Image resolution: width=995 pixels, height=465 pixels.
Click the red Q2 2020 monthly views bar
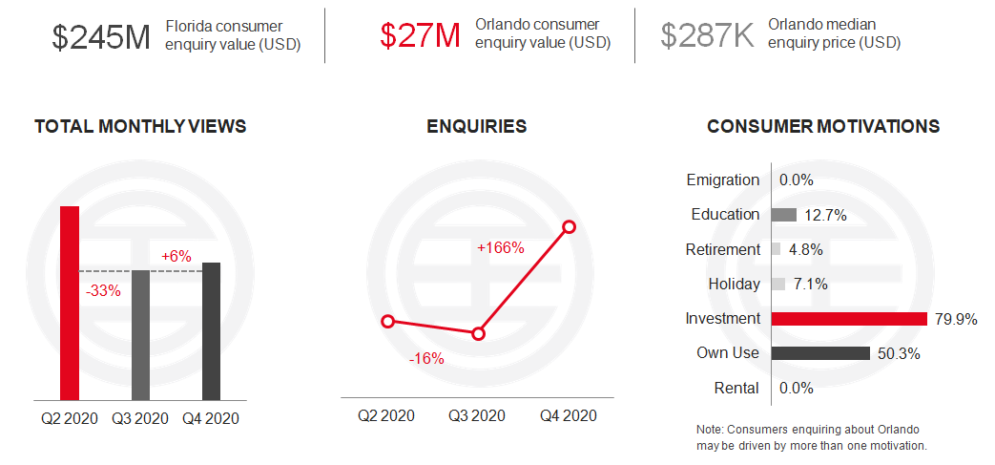pyautogui.click(x=70, y=303)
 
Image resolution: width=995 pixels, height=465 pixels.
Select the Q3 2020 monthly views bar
pyautogui.click(x=140, y=335)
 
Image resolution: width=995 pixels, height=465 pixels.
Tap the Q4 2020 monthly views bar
pyautogui.click(x=212, y=331)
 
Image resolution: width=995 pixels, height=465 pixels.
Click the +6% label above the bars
pyautogui.click(x=176, y=256)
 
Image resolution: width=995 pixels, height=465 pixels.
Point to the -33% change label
pyautogui.click(x=103, y=291)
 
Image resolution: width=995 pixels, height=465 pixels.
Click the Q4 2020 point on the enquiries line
pyautogui.click(x=570, y=227)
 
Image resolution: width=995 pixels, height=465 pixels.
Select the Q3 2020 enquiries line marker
pyautogui.click(x=479, y=333)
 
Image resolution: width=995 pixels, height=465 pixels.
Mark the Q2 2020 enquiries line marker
pyautogui.click(x=388, y=322)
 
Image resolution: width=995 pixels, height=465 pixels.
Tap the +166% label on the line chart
pyautogui.click(x=501, y=247)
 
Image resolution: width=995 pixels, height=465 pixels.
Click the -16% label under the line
pyautogui.click(x=426, y=359)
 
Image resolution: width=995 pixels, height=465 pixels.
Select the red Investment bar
pyautogui.click(x=850, y=319)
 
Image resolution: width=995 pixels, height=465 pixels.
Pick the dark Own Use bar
pyautogui.click(x=820, y=353)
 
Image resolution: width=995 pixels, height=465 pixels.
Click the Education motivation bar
pyautogui.click(x=783, y=215)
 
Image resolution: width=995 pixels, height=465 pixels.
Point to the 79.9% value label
pyautogui.click(x=956, y=320)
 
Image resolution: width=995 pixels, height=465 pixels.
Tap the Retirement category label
pyautogui.click(x=723, y=249)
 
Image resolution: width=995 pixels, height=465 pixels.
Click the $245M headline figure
pyautogui.click(x=101, y=37)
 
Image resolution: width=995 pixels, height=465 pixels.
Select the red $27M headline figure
pyautogui.click(x=420, y=35)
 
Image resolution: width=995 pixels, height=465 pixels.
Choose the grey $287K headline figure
pyautogui.click(x=708, y=35)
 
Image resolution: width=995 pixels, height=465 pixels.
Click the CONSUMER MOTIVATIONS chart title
pyautogui.click(x=823, y=126)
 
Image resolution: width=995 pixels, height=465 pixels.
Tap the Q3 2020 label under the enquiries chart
pyautogui.click(x=477, y=416)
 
